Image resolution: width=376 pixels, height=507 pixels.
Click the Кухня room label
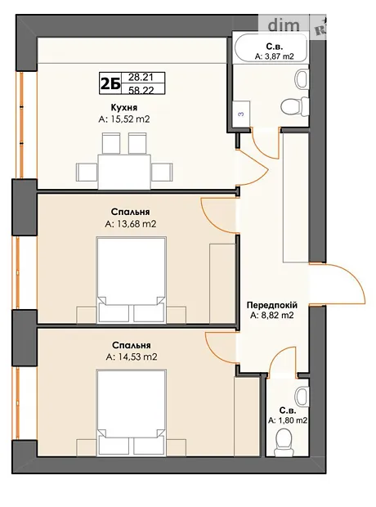point(123,108)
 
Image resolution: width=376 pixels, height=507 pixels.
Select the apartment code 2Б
point(110,83)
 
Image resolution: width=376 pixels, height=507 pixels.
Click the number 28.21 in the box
point(141,78)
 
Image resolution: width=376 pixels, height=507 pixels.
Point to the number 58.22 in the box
point(141,90)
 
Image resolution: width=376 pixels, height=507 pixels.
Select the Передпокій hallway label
point(271,305)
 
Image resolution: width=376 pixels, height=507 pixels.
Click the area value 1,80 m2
point(288,420)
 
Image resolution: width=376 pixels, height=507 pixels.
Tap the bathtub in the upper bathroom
point(271,47)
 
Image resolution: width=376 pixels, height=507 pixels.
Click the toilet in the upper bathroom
point(295,106)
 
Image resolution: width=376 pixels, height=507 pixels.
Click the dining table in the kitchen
point(124,172)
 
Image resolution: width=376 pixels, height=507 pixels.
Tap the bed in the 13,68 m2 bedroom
point(132,280)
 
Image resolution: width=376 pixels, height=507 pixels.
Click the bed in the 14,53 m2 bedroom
point(132,413)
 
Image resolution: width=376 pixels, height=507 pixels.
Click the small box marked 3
point(241,114)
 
